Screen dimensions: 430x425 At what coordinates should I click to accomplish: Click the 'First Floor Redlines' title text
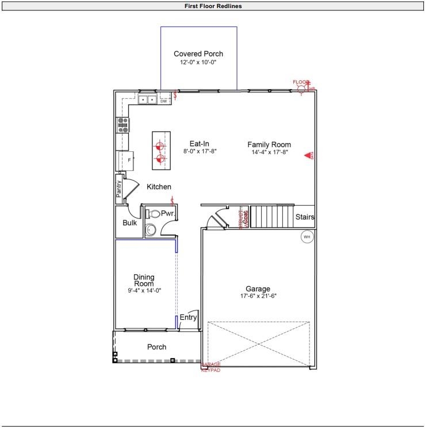213,6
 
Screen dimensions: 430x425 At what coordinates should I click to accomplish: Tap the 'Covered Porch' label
198,54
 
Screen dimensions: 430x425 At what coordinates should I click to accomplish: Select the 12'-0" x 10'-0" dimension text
198,62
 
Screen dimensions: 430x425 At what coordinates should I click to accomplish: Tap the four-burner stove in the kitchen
122,125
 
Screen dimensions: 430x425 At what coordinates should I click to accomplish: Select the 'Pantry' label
120,189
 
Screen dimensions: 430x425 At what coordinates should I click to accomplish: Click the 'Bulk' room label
130,222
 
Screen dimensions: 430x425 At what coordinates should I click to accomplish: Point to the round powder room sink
151,230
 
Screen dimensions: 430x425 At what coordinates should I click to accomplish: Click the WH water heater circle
307,236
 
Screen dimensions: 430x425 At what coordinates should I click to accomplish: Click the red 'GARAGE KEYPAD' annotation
210,367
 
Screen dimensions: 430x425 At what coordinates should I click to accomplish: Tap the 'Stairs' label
304,217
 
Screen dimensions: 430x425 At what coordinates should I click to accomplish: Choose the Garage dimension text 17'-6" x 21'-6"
258,296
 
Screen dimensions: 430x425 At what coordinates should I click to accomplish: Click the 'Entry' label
188,317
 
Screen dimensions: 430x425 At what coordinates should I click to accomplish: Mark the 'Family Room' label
269,144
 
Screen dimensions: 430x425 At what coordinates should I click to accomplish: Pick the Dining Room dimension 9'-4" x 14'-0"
144,291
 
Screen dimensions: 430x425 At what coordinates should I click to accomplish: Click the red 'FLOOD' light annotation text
301,82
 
